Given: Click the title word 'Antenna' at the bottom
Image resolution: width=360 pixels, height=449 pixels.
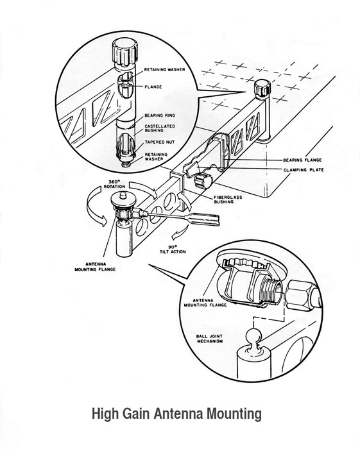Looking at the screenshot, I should point(174,415).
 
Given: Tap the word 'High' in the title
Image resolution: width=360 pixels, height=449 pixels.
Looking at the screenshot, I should point(106,415).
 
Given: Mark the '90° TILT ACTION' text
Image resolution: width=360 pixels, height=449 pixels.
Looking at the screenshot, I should point(173,250).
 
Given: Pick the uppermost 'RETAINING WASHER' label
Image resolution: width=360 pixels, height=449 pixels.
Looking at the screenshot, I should point(174,74).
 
